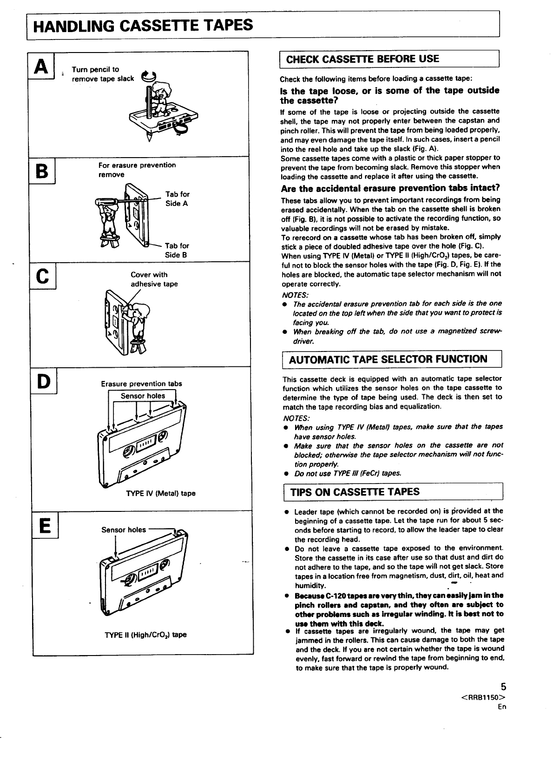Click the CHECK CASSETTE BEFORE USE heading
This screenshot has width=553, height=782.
[x=362, y=59]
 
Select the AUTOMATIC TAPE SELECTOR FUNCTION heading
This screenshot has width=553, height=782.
[x=388, y=359]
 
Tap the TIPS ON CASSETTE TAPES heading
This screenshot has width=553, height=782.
[x=355, y=492]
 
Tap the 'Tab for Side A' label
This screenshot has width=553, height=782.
[x=177, y=199]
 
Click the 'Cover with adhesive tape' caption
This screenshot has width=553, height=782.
[x=154, y=279]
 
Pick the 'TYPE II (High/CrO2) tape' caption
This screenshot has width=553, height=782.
[x=145, y=635]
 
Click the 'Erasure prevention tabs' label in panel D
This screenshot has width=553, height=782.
[x=141, y=384]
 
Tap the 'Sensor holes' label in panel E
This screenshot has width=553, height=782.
[x=123, y=530]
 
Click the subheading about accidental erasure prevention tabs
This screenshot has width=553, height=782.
[x=390, y=188]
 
